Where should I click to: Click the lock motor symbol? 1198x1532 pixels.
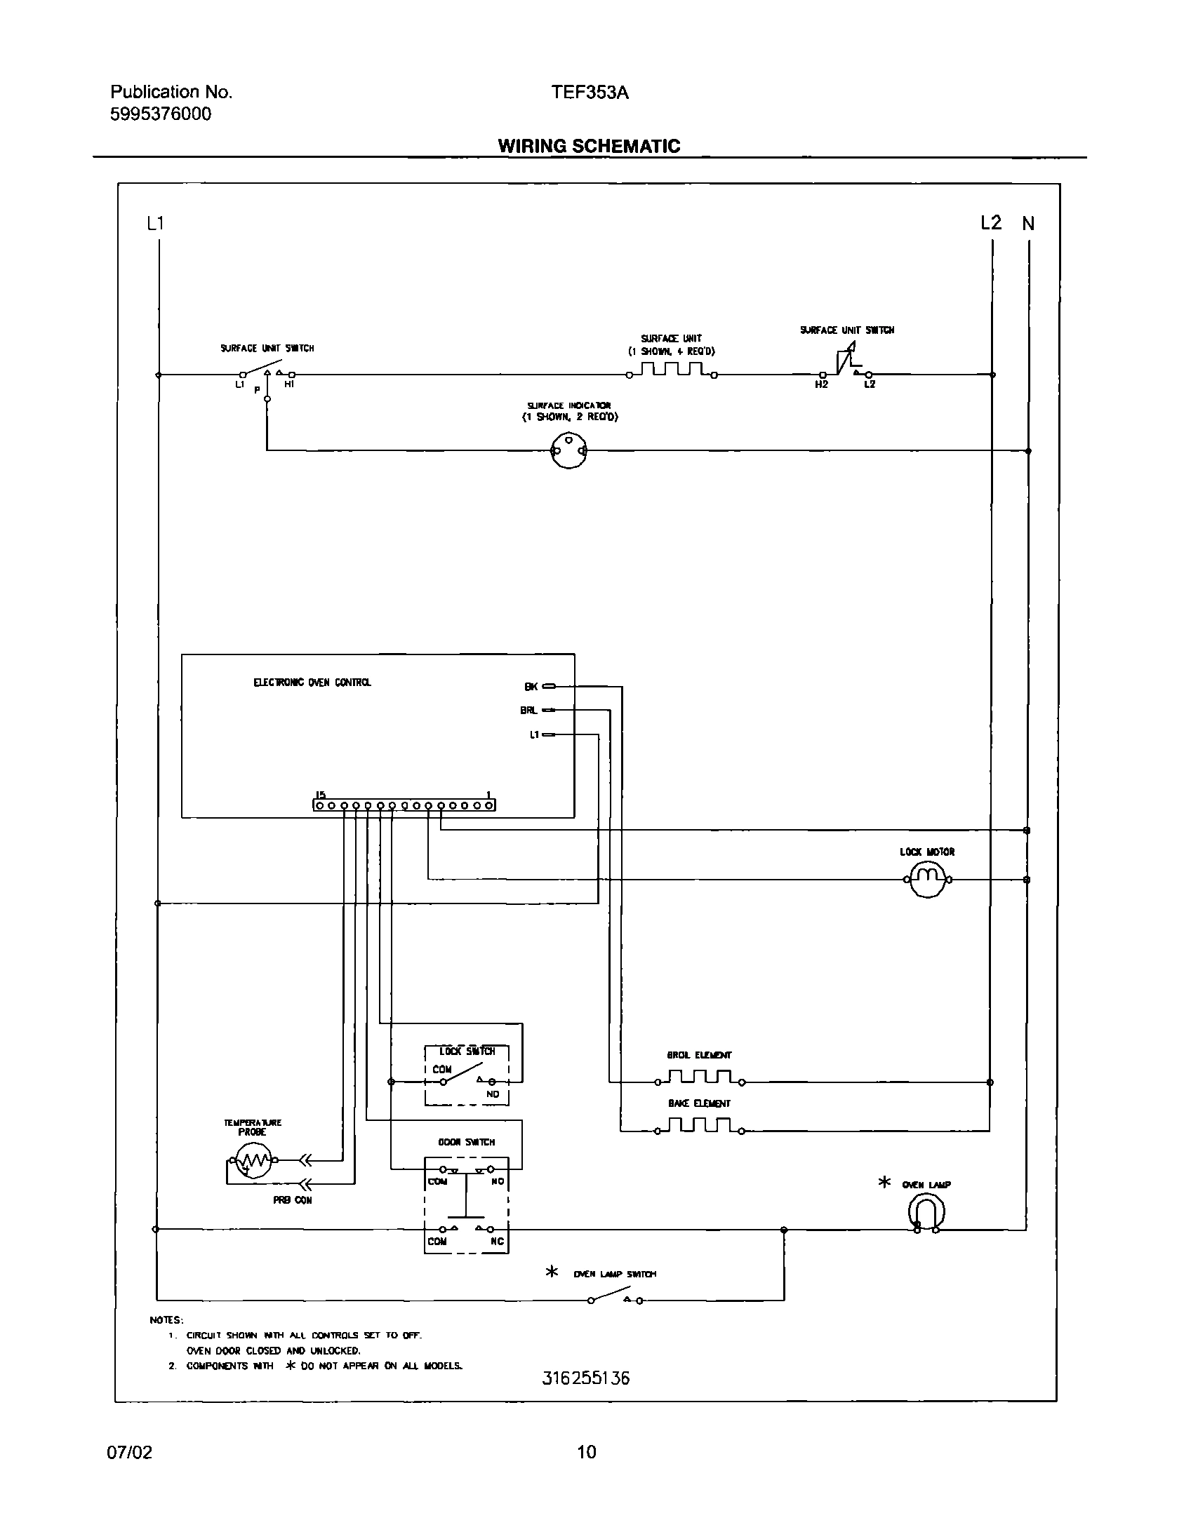927,879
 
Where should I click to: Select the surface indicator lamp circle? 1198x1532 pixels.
568,450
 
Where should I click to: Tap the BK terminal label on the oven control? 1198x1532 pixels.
531,687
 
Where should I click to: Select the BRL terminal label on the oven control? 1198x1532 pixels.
528,711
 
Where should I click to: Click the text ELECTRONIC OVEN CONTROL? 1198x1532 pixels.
312,682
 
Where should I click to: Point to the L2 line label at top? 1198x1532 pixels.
990,223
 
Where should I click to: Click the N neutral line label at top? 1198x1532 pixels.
1028,224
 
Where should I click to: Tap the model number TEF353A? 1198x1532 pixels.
590,93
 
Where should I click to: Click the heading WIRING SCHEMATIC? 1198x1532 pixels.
589,146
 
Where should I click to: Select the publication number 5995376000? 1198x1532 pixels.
160,114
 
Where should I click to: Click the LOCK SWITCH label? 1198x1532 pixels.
467,1051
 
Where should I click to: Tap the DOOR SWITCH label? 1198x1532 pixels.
467,1142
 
